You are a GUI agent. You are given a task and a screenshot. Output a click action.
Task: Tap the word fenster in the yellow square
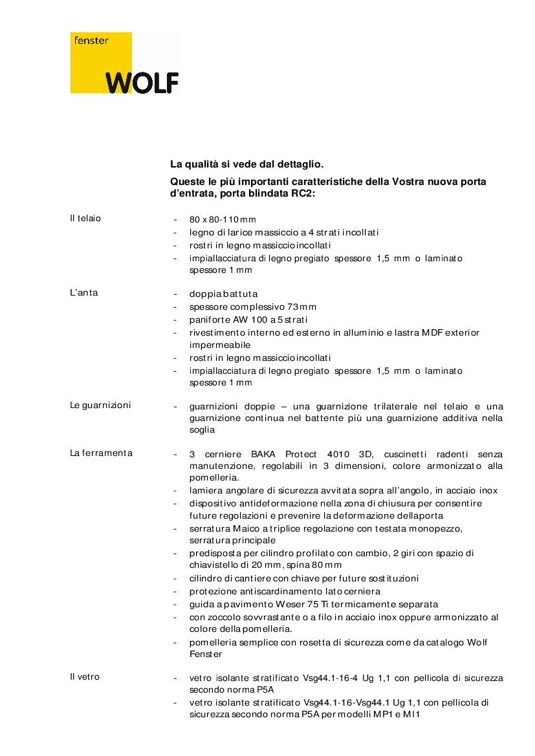point(91,41)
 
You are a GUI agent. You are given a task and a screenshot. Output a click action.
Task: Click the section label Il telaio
point(85,218)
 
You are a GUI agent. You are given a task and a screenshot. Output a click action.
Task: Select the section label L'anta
point(84,293)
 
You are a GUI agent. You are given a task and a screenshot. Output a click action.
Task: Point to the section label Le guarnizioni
point(100,405)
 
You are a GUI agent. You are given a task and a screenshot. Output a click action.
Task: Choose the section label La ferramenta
point(101,453)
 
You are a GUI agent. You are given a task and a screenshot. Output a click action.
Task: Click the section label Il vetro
point(85,677)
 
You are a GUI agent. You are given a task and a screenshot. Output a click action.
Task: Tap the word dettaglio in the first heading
point(298,166)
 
